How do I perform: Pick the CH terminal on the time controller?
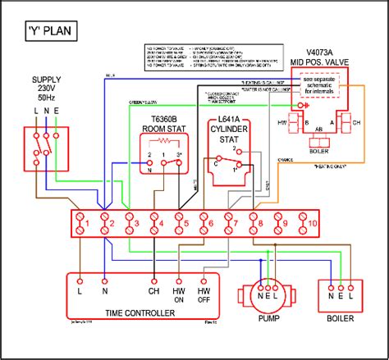(x=153, y=289)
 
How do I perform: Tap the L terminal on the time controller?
(x=80, y=289)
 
